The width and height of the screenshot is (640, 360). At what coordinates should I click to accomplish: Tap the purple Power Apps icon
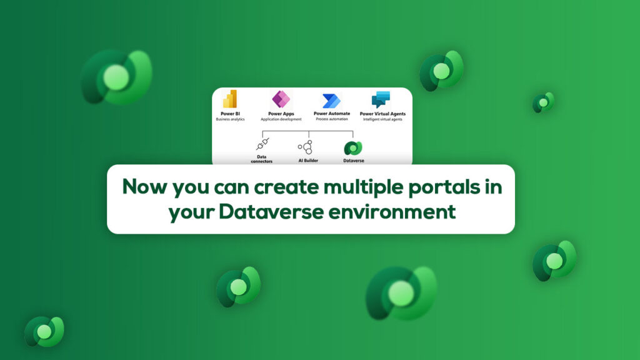(281, 99)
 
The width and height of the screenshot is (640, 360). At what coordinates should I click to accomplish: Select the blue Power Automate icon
(331, 101)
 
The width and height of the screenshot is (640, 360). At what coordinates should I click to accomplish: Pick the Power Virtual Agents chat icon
(381, 99)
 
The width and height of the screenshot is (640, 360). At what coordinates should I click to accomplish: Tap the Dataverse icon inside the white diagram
(353, 148)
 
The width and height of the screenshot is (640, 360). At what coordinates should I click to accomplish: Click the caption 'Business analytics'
(230, 119)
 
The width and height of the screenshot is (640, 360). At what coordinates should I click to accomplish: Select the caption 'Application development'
(281, 119)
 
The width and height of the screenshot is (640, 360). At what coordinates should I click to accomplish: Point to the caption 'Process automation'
(331, 119)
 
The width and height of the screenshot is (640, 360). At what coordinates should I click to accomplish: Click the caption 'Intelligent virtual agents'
(382, 119)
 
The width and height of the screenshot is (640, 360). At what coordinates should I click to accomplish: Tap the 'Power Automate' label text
(331, 114)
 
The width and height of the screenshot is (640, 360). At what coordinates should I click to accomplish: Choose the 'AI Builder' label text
(306, 161)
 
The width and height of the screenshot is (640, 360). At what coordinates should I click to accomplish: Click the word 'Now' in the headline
(142, 187)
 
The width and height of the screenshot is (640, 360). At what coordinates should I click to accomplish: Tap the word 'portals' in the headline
(435, 187)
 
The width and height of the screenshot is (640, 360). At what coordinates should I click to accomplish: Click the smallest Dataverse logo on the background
(543, 102)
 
